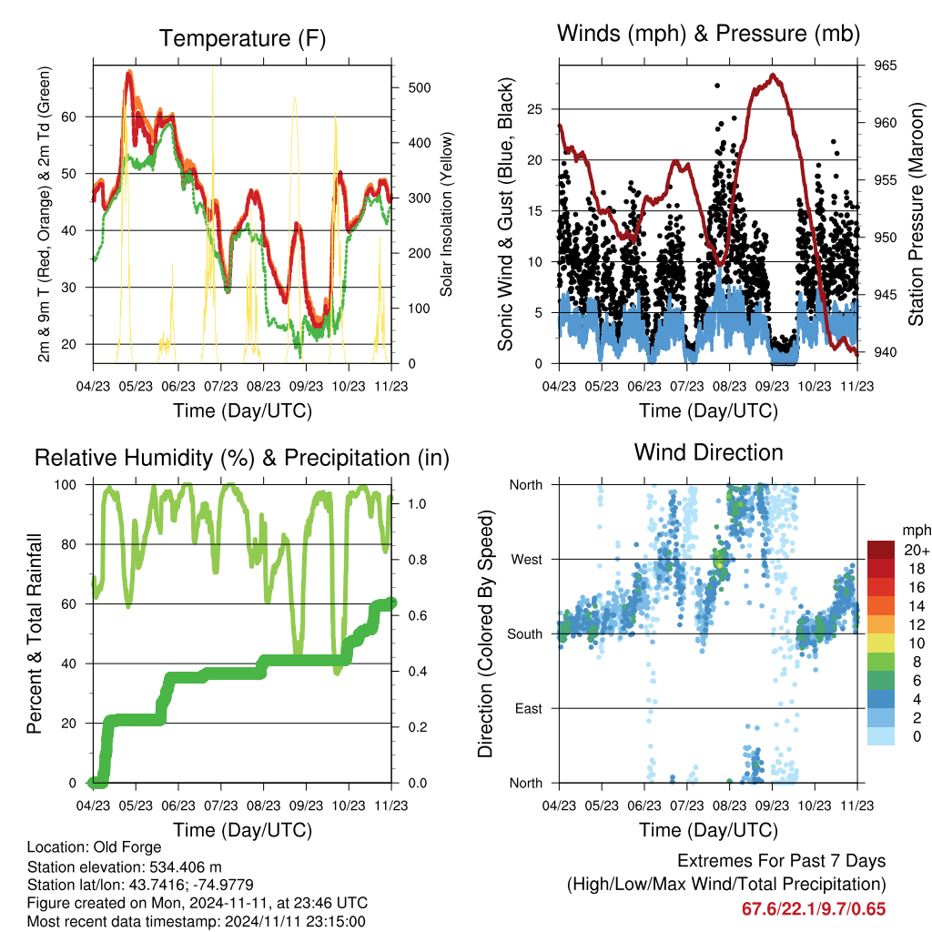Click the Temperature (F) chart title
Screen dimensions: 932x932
242,38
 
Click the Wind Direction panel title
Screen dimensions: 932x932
708,452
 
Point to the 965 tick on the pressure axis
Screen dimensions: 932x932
885,66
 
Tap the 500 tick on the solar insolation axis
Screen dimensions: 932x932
420,88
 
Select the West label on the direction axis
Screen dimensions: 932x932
527,560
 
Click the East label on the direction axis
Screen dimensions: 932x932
529,708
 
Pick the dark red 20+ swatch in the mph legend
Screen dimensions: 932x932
881,550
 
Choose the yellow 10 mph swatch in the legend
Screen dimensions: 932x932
881,643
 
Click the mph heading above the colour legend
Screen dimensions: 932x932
917,531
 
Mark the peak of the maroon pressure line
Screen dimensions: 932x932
773,75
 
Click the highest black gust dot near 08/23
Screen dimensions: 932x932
717,86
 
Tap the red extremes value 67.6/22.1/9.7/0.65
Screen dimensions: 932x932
814,909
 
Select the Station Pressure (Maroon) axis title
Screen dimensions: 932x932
916,214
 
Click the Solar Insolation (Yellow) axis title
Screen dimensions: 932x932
446,214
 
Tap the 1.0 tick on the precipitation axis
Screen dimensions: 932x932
417,504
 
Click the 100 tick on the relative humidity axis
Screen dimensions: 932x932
66,485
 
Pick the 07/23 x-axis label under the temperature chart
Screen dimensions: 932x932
221,386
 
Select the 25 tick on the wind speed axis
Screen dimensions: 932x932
534,109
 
